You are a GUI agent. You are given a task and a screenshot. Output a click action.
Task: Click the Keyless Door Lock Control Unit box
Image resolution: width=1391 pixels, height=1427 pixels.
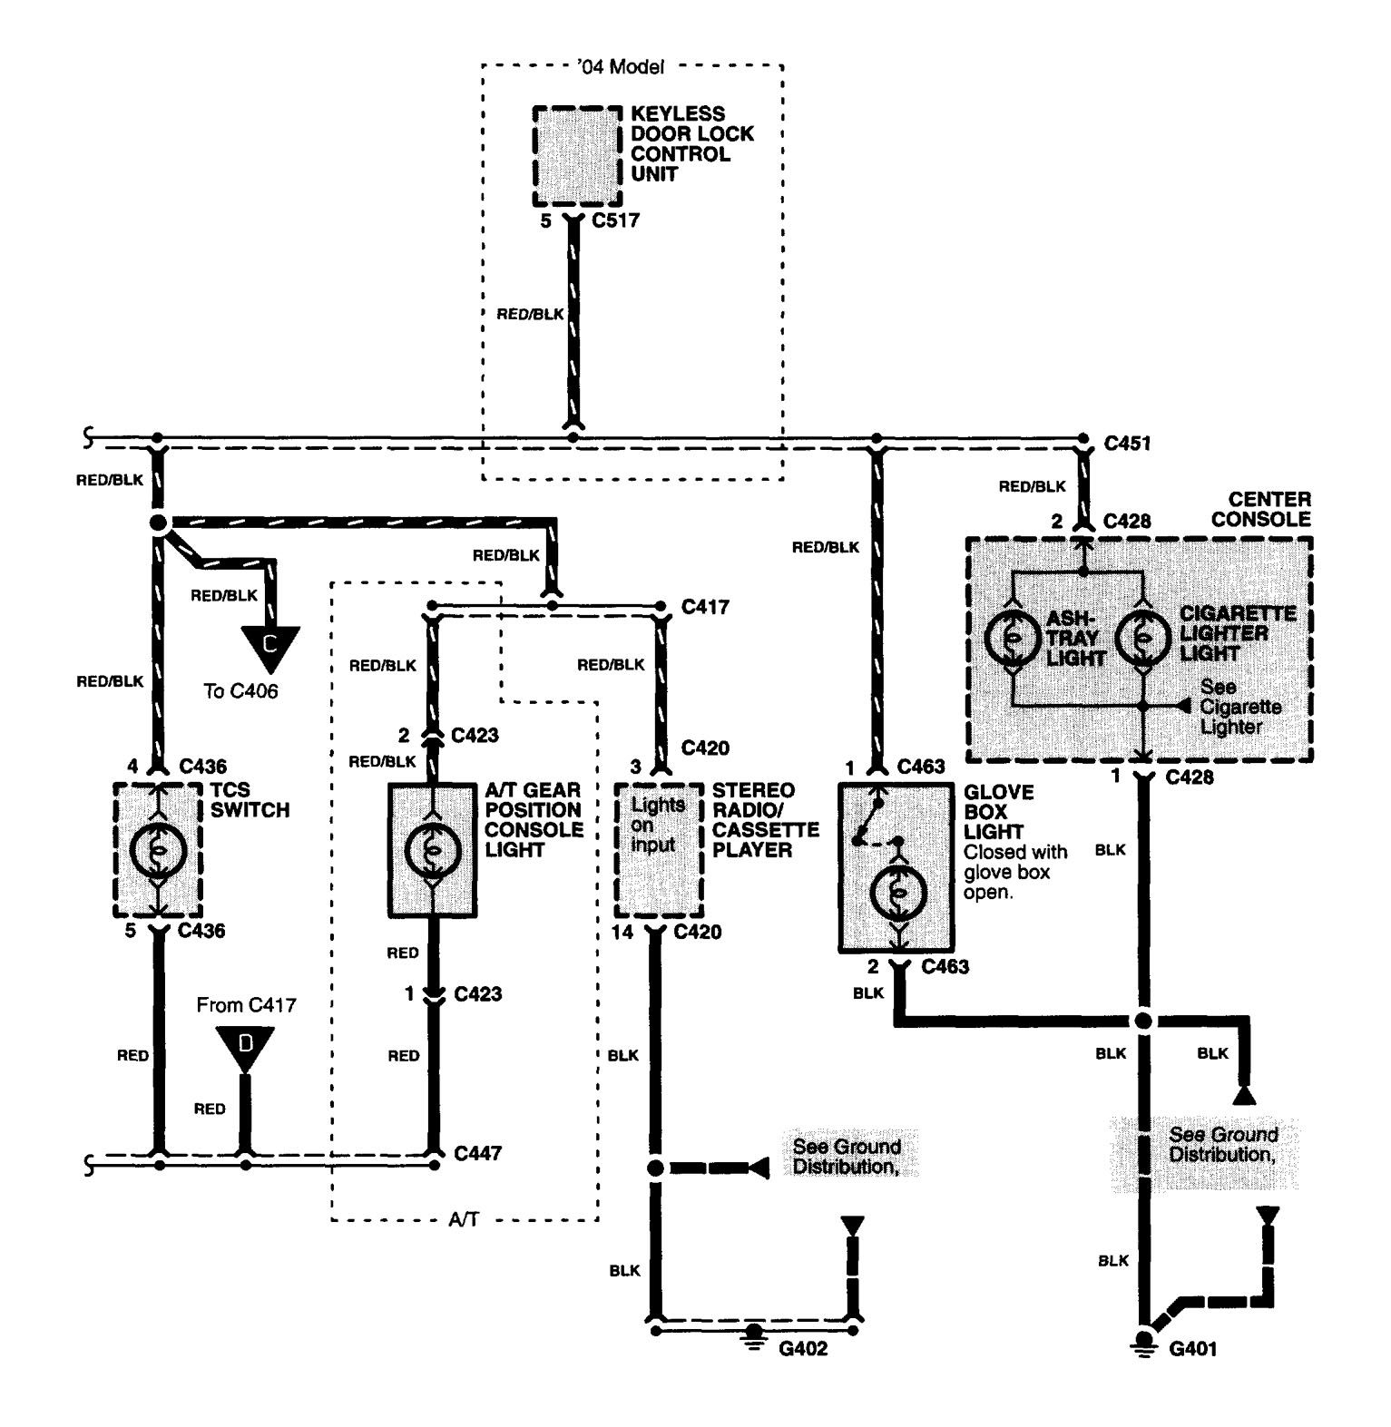577,157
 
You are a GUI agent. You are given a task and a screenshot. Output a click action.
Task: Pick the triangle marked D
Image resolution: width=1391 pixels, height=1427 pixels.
244,1044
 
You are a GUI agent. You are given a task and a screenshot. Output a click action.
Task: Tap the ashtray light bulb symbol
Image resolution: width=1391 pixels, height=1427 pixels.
1013,639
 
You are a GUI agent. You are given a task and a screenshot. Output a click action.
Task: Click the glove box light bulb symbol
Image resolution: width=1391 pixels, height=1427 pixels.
898,893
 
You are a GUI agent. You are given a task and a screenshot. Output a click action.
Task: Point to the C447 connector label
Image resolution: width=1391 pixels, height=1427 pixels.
478,1154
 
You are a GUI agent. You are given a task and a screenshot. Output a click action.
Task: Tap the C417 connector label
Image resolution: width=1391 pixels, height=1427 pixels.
704,606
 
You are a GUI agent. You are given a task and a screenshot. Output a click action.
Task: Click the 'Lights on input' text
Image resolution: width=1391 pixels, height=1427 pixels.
655,825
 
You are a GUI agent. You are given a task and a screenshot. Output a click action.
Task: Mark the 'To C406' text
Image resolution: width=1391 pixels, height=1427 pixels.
240,691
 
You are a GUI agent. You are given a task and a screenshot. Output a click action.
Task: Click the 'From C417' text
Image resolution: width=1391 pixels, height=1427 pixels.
246,1004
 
